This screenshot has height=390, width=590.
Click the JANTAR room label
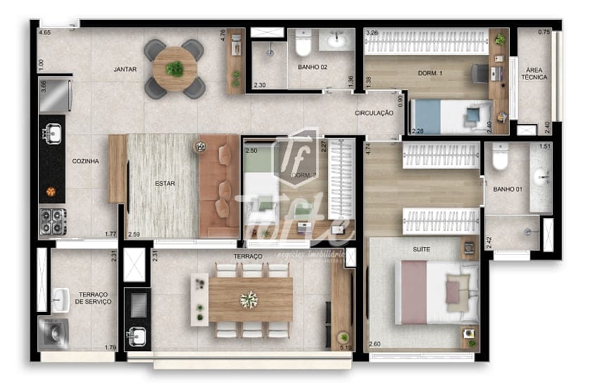click(x=125, y=69)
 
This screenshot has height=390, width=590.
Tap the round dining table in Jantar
click(x=175, y=68)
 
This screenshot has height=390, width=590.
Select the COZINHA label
click(x=85, y=161)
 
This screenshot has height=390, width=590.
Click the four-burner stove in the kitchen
click(x=53, y=221)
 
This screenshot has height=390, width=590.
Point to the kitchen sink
click(x=51, y=132)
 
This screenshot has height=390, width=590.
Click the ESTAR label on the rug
click(x=165, y=184)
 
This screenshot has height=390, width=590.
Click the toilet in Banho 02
click(x=303, y=44)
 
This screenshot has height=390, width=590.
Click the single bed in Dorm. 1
click(x=451, y=115)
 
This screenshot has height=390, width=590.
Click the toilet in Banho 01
click(x=500, y=158)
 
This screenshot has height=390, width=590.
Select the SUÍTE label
click(x=422, y=249)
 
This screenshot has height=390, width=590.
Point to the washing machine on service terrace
click(x=53, y=333)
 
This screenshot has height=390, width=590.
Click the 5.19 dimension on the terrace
click(x=345, y=347)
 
